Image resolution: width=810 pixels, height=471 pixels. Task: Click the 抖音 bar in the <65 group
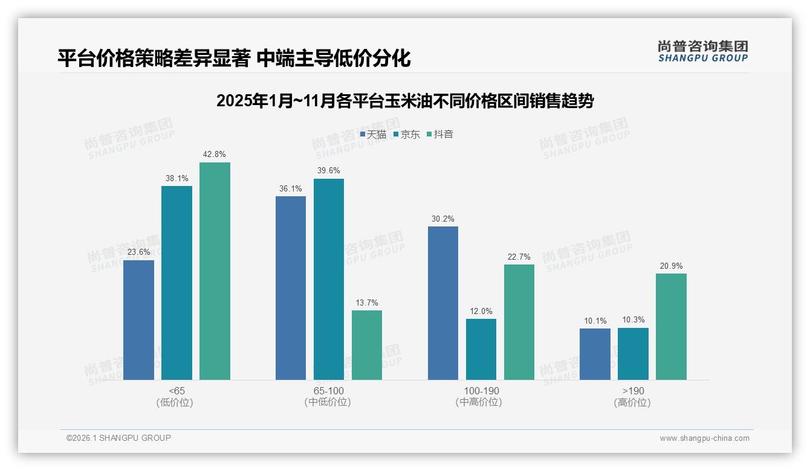click(215, 271)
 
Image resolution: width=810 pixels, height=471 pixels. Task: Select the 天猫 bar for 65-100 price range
click(291, 288)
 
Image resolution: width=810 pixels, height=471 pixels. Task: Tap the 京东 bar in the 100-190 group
click(481, 349)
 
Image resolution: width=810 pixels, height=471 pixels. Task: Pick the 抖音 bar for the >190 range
click(671, 327)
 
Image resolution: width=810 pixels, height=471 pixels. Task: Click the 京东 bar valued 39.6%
click(329, 279)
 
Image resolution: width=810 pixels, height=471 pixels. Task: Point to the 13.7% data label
click(367, 303)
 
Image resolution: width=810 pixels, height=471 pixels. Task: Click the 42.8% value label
click(215, 155)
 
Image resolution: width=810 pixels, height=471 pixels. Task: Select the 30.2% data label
click(443, 219)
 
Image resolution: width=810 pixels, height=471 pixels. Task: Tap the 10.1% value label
click(595, 321)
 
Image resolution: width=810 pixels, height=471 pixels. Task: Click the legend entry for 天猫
click(373, 135)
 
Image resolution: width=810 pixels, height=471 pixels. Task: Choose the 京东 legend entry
click(407, 135)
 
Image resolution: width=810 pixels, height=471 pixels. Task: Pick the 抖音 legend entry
click(440, 135)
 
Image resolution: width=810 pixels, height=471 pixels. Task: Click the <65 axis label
click(177, 391)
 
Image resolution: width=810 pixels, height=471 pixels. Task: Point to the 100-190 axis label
click(481, 391)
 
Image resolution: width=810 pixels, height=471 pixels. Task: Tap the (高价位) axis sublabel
click(632, 403)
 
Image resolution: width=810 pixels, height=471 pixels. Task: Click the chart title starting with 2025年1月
click(405, 101)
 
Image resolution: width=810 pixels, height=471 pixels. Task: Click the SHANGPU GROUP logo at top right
click(702, 51)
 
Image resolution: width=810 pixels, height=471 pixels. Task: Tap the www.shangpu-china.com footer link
click(704, 438)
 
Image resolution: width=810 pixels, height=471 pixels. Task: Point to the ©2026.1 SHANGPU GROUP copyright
click(118, 438)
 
